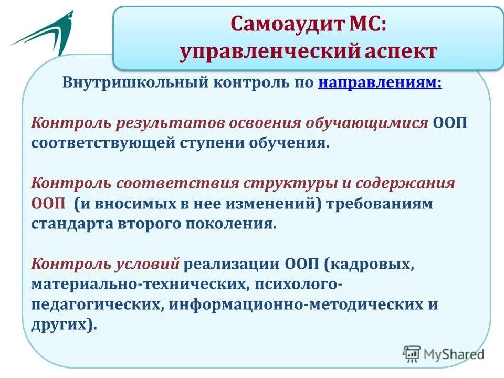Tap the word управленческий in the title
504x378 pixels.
pyautogui.click(x=269, y=52)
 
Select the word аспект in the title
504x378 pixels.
pyautogui.click(x=401, y=51)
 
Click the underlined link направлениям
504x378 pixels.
pyautogui.click(x=380, y=83)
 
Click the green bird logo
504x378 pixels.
pyautogui.click(x=43, y=33)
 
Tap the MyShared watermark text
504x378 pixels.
pyautogui.click(x=454, y=354)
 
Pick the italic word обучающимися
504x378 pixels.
pyautogui.click(x=367, y=123)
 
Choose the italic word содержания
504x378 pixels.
pyautogui.click(x=405, y=184)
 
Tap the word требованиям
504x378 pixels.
pyautogui.click(x=380, y=204)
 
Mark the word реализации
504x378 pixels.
pyautogui.click(x=232, y=265)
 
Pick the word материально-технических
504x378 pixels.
pyautogui.click(x=141, y=285)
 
